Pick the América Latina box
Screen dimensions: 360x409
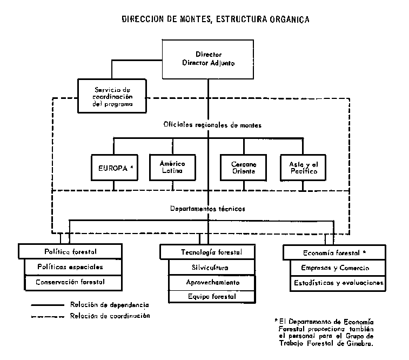(x=172, y=167)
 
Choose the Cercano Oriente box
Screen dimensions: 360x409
(x=244, y=167)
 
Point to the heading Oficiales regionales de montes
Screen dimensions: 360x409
(x=212, y=125)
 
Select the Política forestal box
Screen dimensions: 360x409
(x=68, y=251)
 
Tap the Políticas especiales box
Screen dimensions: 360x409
(x=70, y=267)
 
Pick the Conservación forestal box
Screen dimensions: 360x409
(x=70, y=282)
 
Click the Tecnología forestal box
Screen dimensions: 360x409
(x=207, y=252)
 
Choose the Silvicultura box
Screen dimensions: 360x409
(x=210, y=268)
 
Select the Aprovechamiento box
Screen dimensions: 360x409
(x=210, y=282)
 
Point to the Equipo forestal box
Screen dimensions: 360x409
(x=210, y=296)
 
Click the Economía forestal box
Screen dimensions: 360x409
(x=334, y=252)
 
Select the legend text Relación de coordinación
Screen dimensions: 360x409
(x=110, y=316)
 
